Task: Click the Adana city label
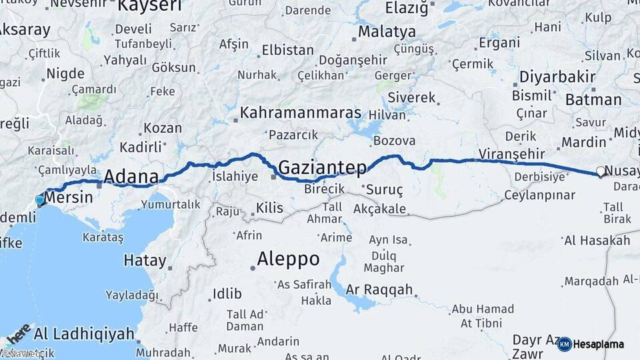point(131,177)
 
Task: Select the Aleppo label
point(288,258)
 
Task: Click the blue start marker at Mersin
point(40,199)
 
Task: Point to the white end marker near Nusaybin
point(601,172)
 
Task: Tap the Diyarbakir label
point(557,77)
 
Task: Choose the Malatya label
point(387,31)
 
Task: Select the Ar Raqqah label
point(380,290)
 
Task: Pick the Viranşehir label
point(507,154)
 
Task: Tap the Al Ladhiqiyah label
point(83,333)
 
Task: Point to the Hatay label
point(145,260)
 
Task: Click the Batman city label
point(593,100)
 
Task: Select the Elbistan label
point(287,50)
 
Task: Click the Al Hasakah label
point(597,240)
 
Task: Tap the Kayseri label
point(149,7)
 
